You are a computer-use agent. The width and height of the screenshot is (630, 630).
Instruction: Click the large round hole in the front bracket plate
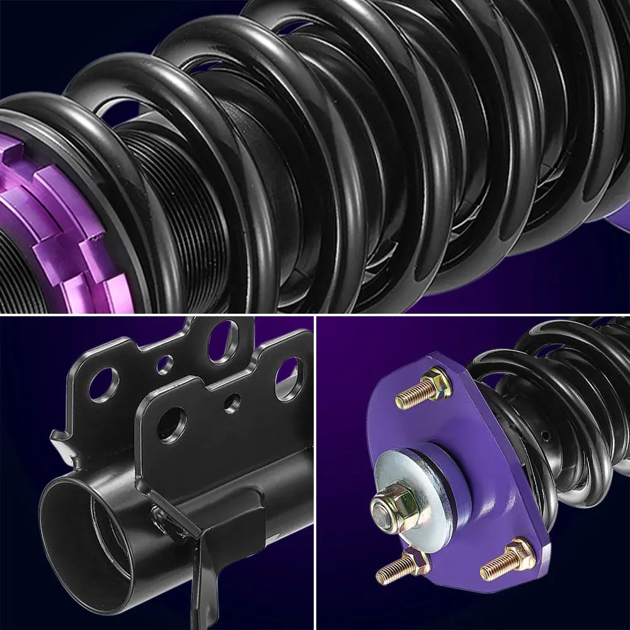172,424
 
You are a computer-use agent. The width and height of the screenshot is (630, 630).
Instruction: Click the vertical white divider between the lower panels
315,472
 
